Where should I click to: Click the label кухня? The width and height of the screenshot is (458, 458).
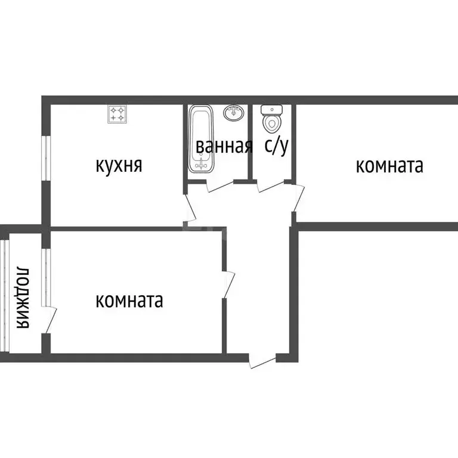(119, 165)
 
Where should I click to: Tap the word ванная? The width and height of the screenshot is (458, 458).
(224, 147)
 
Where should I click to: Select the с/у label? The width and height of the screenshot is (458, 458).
(277, 146)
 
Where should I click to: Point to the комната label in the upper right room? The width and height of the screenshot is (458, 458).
(389, 165)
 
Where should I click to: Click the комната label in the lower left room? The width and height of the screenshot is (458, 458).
(129, 300)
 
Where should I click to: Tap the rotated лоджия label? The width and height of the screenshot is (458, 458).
(23, 297)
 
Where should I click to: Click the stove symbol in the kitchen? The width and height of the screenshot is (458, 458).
(117, 114)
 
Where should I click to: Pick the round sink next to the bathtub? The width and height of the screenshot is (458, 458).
(234, 112)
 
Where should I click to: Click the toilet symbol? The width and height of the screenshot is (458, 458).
(272, 122)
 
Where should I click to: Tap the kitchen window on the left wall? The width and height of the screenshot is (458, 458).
(44, 157)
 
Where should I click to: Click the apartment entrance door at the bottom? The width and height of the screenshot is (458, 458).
(262, 361)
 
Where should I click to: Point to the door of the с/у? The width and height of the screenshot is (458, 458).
(269, 185)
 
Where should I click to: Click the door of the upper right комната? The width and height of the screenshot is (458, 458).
(298, 197)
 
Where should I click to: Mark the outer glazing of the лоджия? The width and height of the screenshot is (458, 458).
(5, 295)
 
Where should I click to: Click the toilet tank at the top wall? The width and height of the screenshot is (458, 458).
(272, 109)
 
